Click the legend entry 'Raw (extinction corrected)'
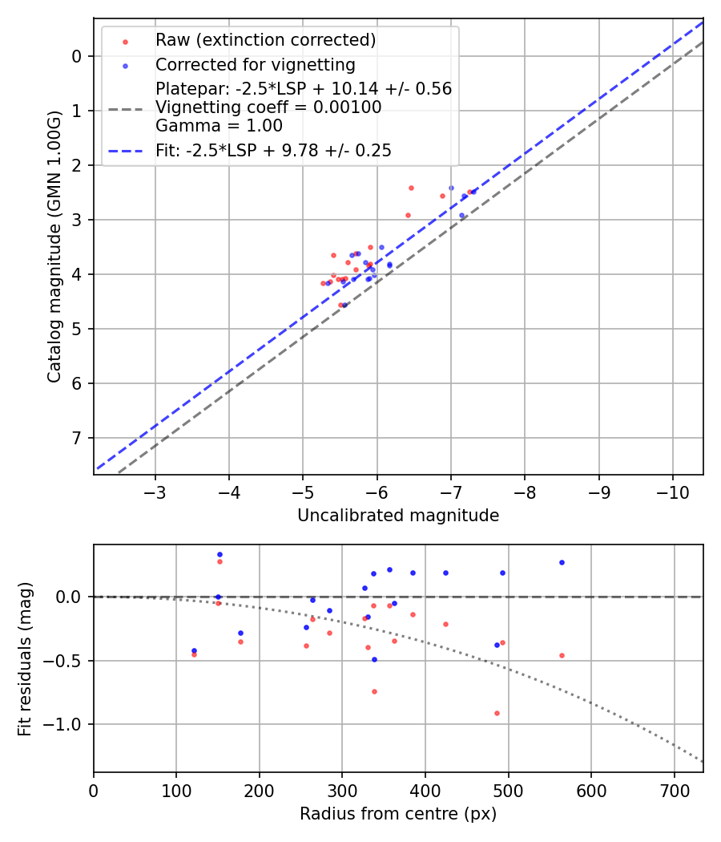pyautogui.click(x=265, y=40)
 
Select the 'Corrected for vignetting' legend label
pyautogui.click(x=255, y=65)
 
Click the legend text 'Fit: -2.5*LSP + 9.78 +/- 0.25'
pyautogui.click(x=273, y=151)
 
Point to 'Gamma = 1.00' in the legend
pyautogui.click(x=219, y=126)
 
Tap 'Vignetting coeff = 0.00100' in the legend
pyautogui.click(x=268, y=107)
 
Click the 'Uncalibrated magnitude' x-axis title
pyautogui.click(x=398, y=516)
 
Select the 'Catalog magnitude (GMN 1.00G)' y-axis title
pyautogui.click(x=54, y=246)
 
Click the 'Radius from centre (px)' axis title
pyautogui.click(x=398, y=814)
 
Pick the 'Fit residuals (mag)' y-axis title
pyautogui.click(x=25, y=658)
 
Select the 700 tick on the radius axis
pyautogui.click(x=674, y=791)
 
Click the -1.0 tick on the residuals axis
pyautogui.click(x=66, y=724)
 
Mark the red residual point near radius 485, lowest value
pyautogui.click(x=497, y=713)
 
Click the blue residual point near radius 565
pyautogui.click(x=562, y=562)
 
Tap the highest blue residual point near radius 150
pyautogui.click(x=220, y=554)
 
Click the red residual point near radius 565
pyautogui.click(x=562, y=655)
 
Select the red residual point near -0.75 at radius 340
pyautogui.click(x=374, y=691)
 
